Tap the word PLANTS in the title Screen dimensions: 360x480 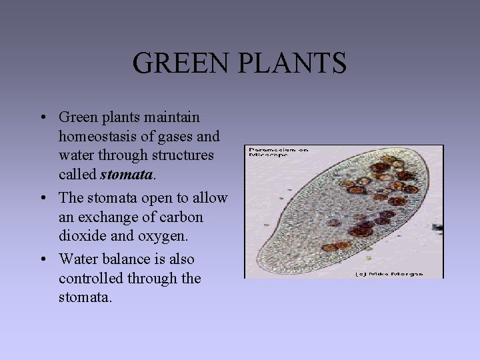288,63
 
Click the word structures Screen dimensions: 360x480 182,155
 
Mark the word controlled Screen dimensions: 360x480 89,277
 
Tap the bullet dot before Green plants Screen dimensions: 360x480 42,118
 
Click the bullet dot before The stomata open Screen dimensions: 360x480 42,199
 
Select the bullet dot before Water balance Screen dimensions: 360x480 42,259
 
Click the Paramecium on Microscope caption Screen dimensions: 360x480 277,152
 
